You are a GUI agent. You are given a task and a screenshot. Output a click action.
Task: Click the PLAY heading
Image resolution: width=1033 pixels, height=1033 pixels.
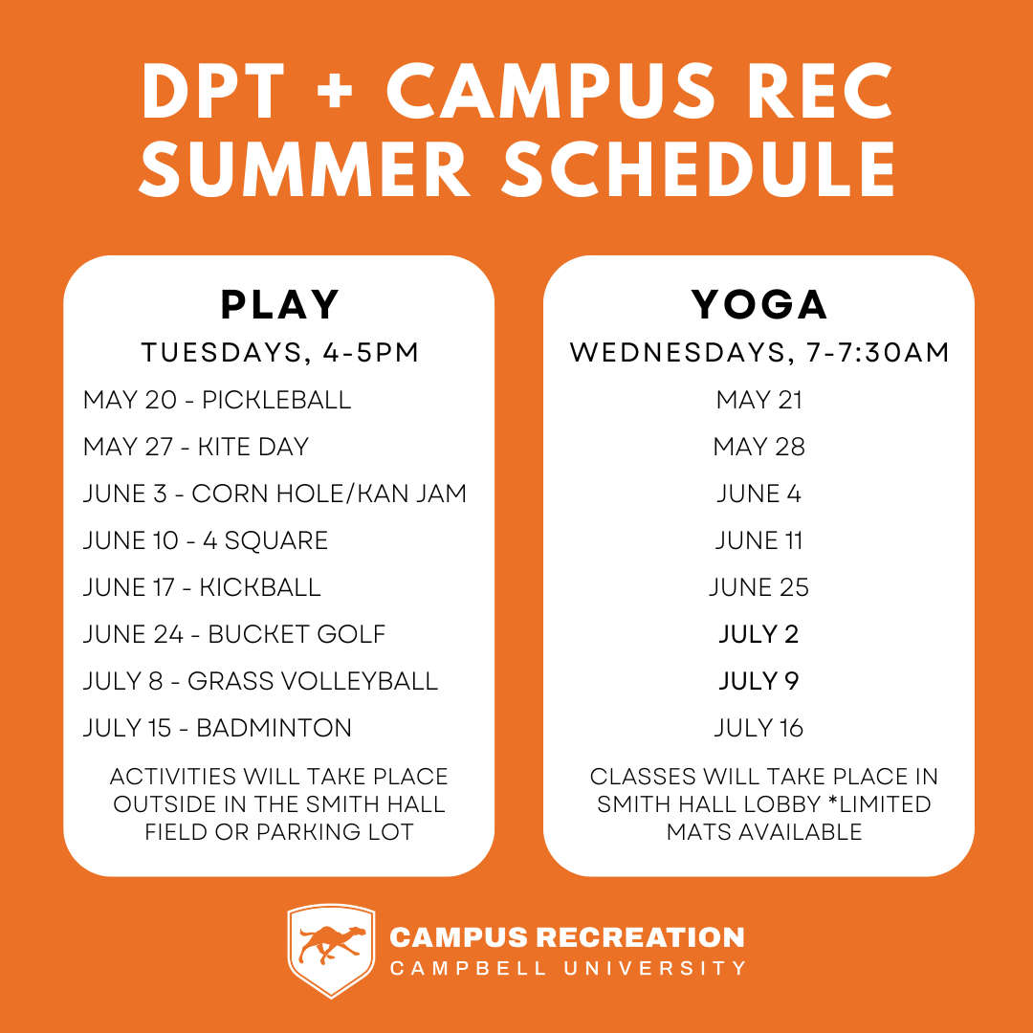279,305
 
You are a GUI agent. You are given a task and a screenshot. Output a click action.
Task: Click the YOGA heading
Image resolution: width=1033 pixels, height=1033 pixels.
758,305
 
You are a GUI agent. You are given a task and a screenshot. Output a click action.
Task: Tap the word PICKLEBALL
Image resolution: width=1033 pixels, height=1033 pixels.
276,400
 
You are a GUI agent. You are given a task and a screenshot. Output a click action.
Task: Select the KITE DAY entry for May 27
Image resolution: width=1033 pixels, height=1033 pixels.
253,447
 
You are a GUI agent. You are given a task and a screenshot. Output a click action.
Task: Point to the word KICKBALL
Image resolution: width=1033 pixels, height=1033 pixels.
260,587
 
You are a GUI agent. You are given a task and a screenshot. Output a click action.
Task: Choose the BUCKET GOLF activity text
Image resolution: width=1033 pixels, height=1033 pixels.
297,634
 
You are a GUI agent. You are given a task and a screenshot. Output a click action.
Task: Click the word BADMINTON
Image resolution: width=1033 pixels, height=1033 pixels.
275,727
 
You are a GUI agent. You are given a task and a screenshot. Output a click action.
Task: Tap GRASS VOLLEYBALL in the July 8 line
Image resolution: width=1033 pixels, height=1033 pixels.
313,681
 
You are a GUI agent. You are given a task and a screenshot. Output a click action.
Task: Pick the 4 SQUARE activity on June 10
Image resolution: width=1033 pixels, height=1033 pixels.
266,540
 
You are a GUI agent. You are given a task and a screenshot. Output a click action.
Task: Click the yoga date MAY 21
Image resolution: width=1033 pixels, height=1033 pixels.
758,400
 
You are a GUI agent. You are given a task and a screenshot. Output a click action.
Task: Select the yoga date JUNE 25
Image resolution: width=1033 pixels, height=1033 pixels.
758,587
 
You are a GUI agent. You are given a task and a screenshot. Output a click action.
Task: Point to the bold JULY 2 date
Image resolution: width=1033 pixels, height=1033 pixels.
758,634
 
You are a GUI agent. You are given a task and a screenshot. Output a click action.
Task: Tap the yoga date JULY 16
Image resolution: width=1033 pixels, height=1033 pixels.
758,727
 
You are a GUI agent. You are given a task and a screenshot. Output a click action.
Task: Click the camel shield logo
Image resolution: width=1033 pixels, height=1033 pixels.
331,950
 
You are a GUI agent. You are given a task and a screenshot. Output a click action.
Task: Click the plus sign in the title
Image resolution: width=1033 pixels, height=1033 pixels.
335,92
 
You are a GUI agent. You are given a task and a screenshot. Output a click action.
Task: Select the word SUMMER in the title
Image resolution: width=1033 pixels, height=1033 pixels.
304,168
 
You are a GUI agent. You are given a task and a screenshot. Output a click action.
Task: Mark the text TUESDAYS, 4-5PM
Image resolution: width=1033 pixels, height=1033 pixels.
280,352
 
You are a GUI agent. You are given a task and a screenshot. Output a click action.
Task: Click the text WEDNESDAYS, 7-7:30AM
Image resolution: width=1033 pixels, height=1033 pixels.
758,352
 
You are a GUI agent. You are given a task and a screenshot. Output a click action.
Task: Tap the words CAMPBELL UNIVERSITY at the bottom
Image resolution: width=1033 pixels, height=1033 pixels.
568,968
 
